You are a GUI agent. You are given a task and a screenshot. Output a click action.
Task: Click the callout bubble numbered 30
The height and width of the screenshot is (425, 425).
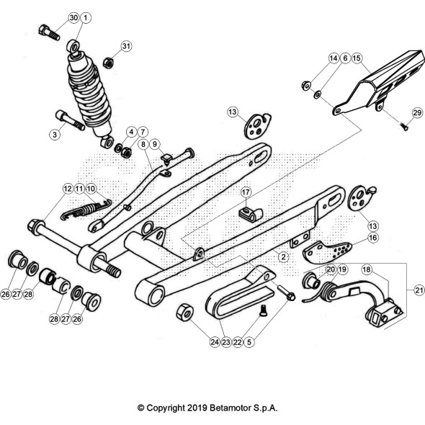(73, 18)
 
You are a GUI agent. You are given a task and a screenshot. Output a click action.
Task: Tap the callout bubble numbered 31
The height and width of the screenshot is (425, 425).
(126, 46)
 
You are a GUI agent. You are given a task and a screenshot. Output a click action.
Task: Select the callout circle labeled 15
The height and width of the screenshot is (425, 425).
(357, 58)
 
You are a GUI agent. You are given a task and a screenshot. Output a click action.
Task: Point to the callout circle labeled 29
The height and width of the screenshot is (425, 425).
(417, 112)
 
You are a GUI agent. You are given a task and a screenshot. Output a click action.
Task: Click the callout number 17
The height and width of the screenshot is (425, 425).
(246, 192)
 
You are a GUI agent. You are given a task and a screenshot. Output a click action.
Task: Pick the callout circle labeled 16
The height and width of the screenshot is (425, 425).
(373, 238)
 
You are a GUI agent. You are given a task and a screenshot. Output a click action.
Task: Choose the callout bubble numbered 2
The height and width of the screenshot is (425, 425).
(284, 256)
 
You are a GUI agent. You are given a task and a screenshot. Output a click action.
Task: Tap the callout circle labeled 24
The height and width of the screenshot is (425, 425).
(215, 342)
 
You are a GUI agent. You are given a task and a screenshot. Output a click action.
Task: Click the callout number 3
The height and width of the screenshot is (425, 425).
(55, 134)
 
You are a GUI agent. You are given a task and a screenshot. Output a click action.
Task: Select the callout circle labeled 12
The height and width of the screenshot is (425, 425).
(68, 189)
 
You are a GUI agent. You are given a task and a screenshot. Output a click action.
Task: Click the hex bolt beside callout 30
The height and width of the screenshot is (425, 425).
(49, 32)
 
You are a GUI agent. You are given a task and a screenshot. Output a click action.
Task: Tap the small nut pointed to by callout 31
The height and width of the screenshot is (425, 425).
(108, 63)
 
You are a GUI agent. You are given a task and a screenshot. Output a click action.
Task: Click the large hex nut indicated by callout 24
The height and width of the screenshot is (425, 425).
(185, 312)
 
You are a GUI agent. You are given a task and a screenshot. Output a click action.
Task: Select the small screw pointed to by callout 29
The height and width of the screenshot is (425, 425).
(405, 126)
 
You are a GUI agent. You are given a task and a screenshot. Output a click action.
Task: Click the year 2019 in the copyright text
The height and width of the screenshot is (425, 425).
(197, 408)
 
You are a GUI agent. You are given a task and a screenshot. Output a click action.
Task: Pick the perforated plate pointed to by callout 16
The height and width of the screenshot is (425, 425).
(327, 252)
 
